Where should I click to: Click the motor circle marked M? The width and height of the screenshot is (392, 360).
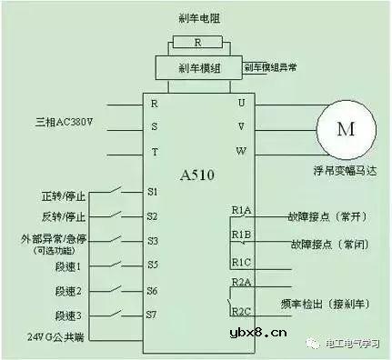pos(346,128)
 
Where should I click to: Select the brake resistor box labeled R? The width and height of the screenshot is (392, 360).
pos(198,42)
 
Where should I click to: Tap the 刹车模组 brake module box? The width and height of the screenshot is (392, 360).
pos(198,67)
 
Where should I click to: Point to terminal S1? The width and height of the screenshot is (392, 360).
pos(153,192)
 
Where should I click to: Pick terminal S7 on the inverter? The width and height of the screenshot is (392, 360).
pos(153,315)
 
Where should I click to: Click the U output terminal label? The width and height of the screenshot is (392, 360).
pos(241,102)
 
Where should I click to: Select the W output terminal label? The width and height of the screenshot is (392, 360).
pos(241,151)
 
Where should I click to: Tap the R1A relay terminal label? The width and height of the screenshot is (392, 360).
pos(241,211)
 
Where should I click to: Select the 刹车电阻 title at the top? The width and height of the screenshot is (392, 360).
pos(198,18)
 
